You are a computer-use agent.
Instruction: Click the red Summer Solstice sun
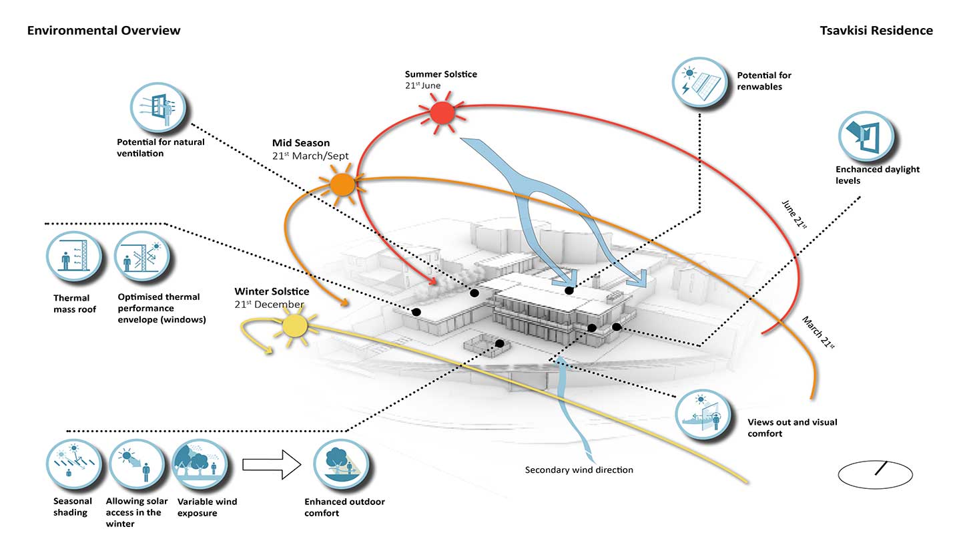(442, 113)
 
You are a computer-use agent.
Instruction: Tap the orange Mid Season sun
(342, 185)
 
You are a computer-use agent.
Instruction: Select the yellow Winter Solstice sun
(295, 326)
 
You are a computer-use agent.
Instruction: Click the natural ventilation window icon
(158, 108)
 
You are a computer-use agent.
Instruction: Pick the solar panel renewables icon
(699, 82)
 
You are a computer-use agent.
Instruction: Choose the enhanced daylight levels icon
(866, 136)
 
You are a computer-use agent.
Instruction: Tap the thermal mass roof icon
(74, 256)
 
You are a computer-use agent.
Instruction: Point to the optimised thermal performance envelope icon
(142, 256)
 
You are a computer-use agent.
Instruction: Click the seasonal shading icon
(74, 465)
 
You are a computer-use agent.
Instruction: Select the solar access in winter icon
(136, 465)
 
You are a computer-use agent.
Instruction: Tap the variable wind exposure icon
(200, 465)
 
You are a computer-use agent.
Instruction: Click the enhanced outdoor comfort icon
(341, 465)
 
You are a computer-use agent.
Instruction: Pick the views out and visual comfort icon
(703, 414)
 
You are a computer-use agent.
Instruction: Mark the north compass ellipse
(875, 474)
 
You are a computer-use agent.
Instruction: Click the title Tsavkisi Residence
(876, 31)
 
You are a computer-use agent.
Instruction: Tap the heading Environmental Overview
(104, 31)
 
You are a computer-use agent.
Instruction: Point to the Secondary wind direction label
(579, 470)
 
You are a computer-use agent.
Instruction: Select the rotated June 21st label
(795, 214)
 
